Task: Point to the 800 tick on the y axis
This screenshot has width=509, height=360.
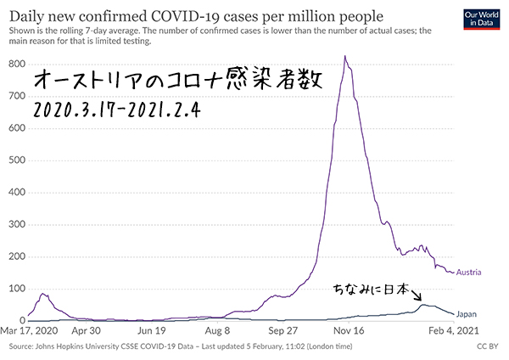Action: click(x=16, y=64)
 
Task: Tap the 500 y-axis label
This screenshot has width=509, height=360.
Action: click(x=16, y=160)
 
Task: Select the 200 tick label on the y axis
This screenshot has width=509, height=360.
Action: click(x=16, y=256)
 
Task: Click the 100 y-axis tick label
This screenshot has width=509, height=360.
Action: click(x=16, y=288)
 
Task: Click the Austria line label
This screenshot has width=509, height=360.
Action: click(x=469, y=273)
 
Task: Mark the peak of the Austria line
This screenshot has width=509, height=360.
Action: click(x=344, y=57)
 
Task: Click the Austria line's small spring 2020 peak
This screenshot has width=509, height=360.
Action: click(x=42, y=294)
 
